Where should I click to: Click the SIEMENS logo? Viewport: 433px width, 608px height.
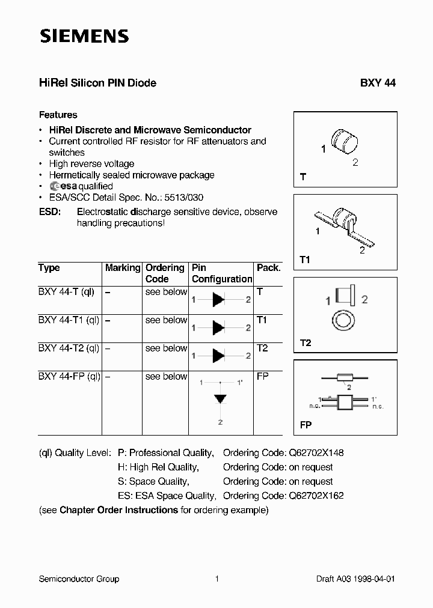84,37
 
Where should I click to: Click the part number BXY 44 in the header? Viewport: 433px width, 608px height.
378,84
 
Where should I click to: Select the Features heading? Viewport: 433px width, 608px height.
58,115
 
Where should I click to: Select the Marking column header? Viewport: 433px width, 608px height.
123,268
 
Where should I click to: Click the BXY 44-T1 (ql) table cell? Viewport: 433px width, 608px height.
69,320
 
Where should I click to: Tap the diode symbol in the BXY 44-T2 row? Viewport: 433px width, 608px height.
219,356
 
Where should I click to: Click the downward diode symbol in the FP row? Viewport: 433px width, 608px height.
221,398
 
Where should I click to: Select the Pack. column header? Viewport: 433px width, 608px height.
268,268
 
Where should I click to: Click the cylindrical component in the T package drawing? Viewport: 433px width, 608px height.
345,141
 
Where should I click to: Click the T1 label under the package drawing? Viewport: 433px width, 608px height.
305,259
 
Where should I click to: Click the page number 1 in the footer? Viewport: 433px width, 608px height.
216,579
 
